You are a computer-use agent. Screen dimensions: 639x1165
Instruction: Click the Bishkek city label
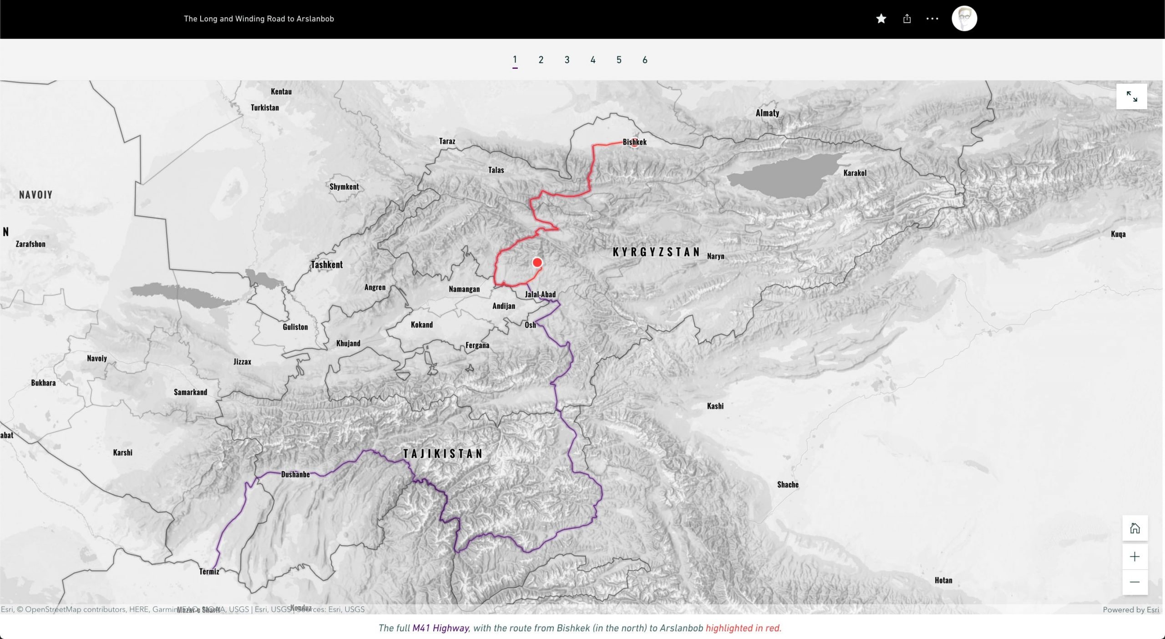pos(634,142)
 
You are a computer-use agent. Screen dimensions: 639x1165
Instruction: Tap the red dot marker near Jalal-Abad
pos(537,263)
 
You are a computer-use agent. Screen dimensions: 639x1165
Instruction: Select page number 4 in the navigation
pos(593,60)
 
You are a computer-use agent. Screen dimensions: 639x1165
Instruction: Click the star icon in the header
pos(881,19)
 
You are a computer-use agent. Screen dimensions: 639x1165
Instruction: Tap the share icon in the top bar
pos(907,19)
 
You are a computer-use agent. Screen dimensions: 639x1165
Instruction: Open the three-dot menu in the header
pos(932,19)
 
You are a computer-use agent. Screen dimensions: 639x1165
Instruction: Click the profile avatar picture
pos(964,19)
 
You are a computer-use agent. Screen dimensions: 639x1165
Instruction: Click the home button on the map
pos(1135,528)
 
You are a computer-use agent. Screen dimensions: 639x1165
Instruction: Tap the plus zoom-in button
pos(1135,557)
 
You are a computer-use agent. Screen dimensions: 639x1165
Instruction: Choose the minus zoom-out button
pos(1135,582)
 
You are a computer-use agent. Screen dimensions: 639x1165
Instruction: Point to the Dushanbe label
pos(295,474)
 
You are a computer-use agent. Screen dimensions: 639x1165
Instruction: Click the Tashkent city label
pos(327,264)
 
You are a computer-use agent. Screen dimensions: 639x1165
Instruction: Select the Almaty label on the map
pos(767,113)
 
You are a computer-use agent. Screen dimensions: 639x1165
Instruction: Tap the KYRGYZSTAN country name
pos(656,252)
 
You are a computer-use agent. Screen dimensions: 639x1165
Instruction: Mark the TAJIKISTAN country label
pos(443,453)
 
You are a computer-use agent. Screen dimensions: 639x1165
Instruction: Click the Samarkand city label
pos(190,392)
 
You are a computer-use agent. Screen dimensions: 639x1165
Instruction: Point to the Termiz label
pos(209,571)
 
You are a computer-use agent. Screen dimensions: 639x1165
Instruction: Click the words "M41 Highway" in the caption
pos(440,628)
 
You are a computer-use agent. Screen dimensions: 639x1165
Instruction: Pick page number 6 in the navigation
pos(645,60)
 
